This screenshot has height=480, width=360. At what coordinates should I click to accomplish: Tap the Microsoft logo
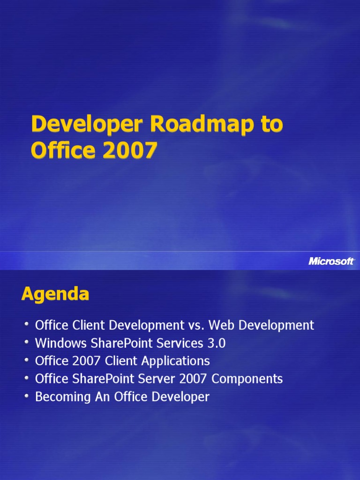coord(331,261)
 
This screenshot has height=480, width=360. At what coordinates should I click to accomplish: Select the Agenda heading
coord(55,294)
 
